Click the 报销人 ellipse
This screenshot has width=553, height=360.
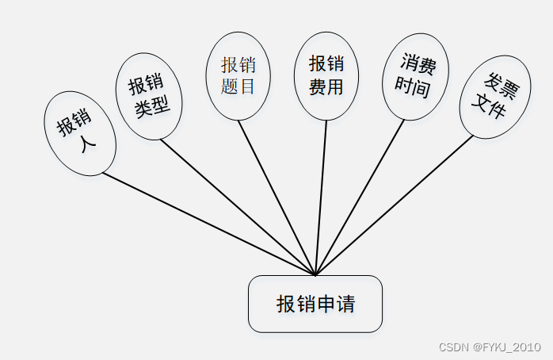pos(81,132)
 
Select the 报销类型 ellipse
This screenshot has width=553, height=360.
pos(150,95)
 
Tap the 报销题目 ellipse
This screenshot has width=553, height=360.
pos(238,76)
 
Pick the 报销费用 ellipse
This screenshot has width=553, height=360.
pos(326,75)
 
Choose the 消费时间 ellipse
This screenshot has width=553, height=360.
pos(415,77)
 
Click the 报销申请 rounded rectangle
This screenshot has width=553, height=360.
pos(315,304)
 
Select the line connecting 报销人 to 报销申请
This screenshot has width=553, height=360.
pos(209,224)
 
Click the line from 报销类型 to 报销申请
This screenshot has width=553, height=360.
pos(238,207)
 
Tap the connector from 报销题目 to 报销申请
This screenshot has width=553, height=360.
pos(277,198)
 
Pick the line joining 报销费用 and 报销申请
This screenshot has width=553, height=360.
pos(321,198)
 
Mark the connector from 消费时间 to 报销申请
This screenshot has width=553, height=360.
pos(360,197)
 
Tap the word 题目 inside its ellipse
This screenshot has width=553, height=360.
pos(238,86)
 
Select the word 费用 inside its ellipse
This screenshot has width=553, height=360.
pos(326,86)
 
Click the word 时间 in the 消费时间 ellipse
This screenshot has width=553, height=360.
pos(413,87)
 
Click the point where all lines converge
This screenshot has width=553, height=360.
pos(315,275)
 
